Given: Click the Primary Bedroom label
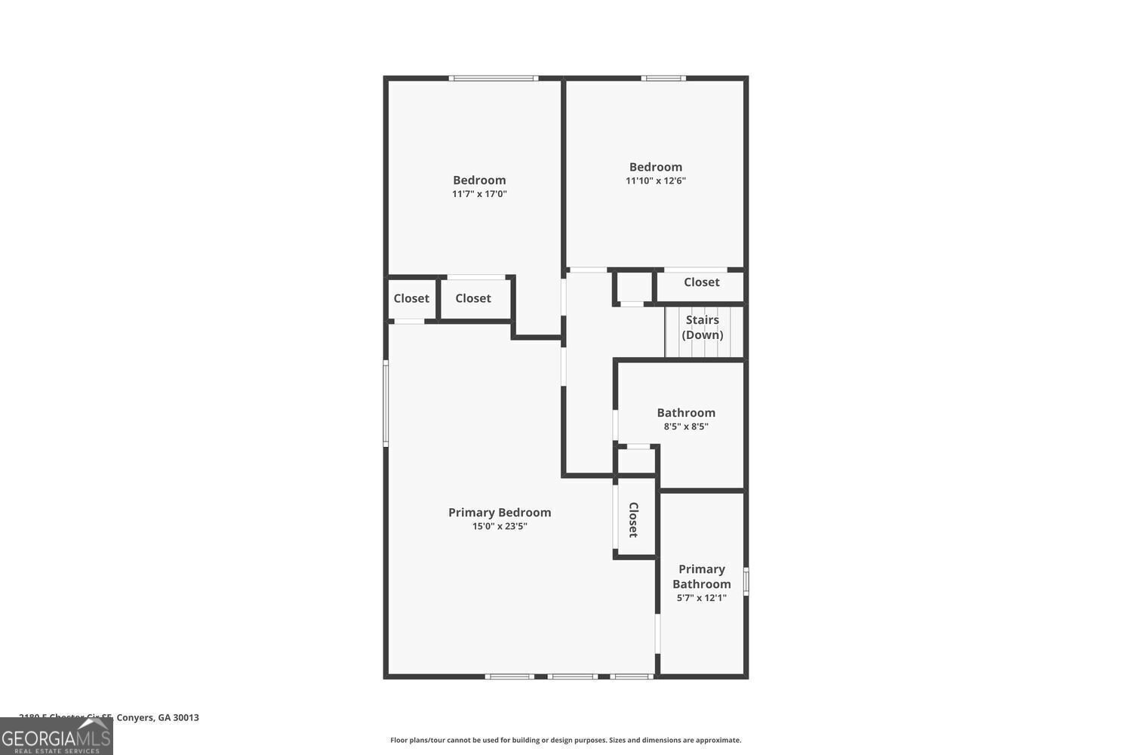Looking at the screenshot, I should [500, 513].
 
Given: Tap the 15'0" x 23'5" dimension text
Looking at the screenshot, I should [500, 526].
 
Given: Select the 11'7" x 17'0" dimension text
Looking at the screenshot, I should [479, 194].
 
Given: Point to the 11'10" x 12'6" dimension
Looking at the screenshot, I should [656, 180].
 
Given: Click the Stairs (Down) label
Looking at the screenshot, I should [703, 328].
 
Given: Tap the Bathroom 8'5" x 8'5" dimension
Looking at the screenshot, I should [686, 427].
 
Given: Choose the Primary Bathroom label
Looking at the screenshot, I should [702, 576].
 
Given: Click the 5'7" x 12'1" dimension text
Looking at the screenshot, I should [702, 598].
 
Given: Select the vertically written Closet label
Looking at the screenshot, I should [633, 519].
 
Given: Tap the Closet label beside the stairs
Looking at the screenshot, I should [702, 282].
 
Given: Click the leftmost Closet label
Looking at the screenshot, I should [411, 298].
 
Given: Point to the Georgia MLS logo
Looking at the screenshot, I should [56, 736].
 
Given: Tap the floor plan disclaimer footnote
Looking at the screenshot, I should [565, 741].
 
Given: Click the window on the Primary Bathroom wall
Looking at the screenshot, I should [746, 581].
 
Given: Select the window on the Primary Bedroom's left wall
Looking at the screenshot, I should [386, 402].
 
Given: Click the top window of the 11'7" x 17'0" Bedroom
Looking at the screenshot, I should [494, 78].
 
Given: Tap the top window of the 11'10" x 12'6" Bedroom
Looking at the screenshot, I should [664, 78].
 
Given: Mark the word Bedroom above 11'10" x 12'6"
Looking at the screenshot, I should [656, 167].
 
